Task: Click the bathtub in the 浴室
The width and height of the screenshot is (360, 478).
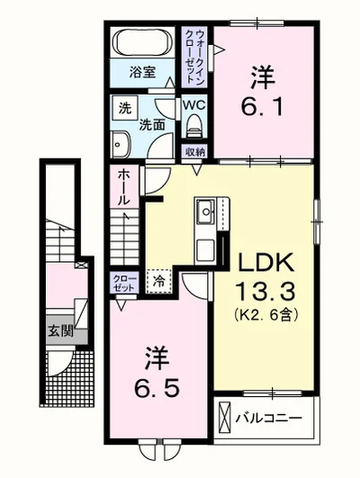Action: coord(142,42)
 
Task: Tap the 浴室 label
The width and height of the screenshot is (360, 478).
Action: coord(143,72)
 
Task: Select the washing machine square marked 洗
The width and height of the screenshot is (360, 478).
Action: coord(125,108)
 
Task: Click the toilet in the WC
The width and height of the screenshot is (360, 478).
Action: coord(194,126)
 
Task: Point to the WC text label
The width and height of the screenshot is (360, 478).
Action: coord(193,105)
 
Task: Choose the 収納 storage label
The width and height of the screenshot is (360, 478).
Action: coord(194,151)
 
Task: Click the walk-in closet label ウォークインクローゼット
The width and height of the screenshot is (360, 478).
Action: coord(193,57)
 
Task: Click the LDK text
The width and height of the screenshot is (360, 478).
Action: coord(266,263)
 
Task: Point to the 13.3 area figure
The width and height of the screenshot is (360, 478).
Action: coord(265,290)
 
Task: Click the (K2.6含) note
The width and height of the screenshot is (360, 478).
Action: coord(266,314)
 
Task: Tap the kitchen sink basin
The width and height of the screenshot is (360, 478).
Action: coord(206,212)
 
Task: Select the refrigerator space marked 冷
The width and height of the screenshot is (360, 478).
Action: coord(158,282)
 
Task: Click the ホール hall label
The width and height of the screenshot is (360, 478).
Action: coord(125,187)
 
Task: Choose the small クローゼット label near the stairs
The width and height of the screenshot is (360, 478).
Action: coord(124,283)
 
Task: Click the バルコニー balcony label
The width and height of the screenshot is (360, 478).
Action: coord(268,418)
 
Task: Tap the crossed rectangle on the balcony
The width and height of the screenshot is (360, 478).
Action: coord(225,418)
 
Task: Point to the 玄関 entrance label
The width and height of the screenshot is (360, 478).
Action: coord(61,331)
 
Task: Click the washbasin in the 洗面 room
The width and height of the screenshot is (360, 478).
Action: coord(121,145)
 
